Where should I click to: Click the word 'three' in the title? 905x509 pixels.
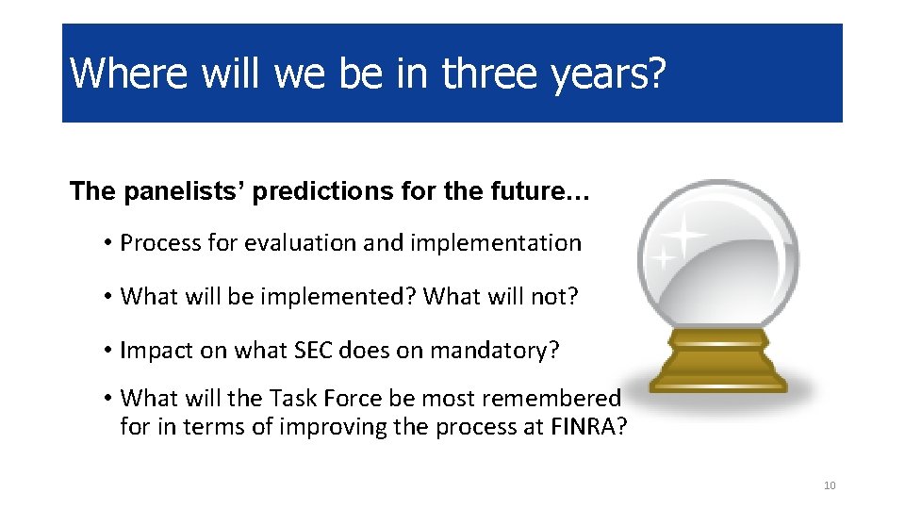pos(489,74)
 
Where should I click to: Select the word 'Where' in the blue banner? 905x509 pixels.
pos(129,74)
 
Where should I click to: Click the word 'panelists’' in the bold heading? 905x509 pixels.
pos(185,191)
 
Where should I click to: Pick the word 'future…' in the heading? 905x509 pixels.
pos(540,191)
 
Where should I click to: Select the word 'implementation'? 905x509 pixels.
pos(496,242)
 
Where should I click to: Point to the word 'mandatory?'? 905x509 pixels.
pos(495,351)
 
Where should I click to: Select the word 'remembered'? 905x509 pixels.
pos(551,398)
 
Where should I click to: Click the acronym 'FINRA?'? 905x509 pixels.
pos(588,426)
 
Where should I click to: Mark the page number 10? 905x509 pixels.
pos(830,485)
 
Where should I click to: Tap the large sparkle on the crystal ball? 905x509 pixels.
pos(684,234)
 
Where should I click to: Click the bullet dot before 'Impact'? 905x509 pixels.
pos(107,351)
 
